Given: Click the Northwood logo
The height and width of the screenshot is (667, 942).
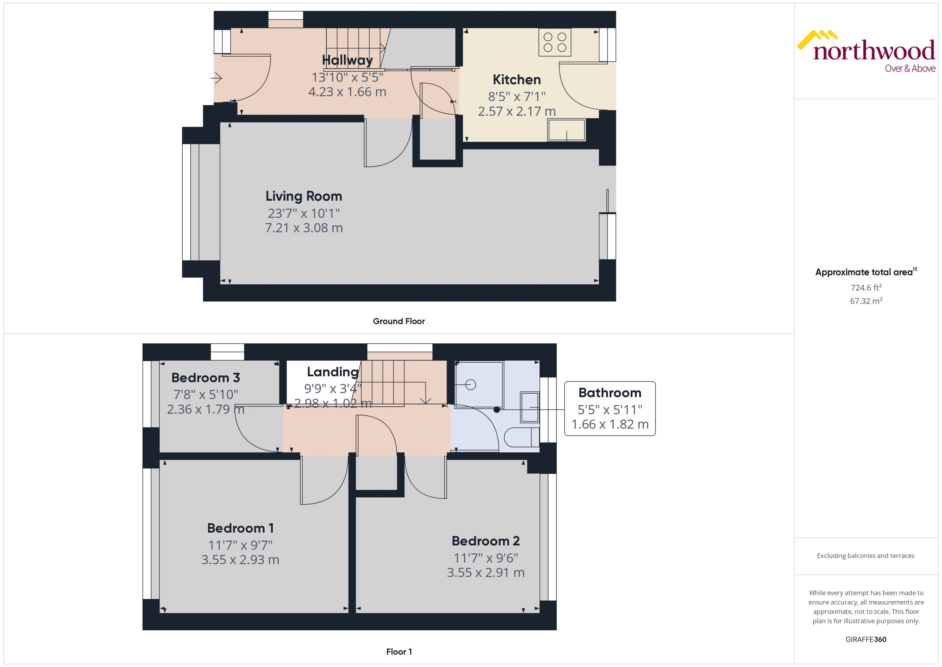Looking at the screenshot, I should pos(866,52).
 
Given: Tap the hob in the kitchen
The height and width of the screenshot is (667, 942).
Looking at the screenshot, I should pos(554,42).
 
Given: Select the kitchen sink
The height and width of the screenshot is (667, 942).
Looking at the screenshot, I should pos(567,130).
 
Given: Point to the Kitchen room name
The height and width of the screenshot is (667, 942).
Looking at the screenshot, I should pos(516,79).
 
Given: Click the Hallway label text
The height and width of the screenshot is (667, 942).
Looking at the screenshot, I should pos(347,60).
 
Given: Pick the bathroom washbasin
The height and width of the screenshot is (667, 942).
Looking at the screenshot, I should pos(529,407).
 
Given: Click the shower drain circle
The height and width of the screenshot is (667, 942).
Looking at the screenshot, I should pos(471,385).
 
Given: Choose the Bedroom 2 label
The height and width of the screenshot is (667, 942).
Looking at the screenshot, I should pos(486,541).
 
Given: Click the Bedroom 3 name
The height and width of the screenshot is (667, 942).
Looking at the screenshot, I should pos(205,378).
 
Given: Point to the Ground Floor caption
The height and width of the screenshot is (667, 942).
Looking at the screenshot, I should pos(399,321).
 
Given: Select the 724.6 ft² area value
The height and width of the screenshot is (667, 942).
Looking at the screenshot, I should pos(866,288).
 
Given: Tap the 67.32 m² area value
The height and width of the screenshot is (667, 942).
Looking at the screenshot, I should pos(866,301).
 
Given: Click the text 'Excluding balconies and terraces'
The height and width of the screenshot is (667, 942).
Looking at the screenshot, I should pos(865,556).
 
